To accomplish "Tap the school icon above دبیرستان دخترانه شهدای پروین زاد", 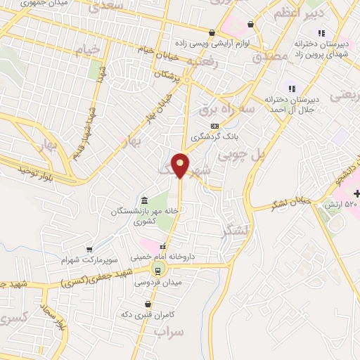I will point(321,32).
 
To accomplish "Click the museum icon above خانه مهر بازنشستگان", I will point(143,200).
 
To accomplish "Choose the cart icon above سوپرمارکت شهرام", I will point(89,249).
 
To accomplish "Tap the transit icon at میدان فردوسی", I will point(158,270).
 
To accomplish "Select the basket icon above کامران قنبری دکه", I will point(148,304).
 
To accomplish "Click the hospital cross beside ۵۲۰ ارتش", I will point(356,193).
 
